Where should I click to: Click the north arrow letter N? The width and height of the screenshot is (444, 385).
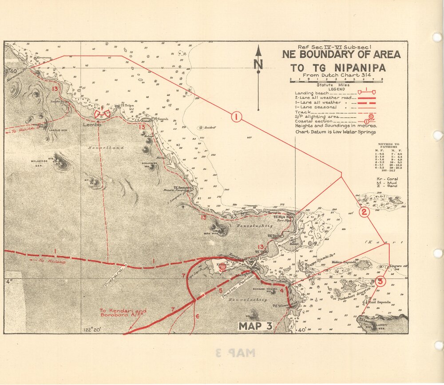click(258, 65)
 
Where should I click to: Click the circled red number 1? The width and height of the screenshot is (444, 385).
click(236, 117)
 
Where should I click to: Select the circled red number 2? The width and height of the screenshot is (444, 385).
click(364, 212)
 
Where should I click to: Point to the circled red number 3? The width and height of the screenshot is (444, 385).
click(381, 281)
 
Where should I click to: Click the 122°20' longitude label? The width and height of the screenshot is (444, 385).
click(92, 329)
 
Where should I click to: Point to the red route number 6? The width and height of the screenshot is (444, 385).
click(197, 316)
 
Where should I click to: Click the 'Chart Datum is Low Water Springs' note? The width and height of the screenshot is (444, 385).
click(335, 131)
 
